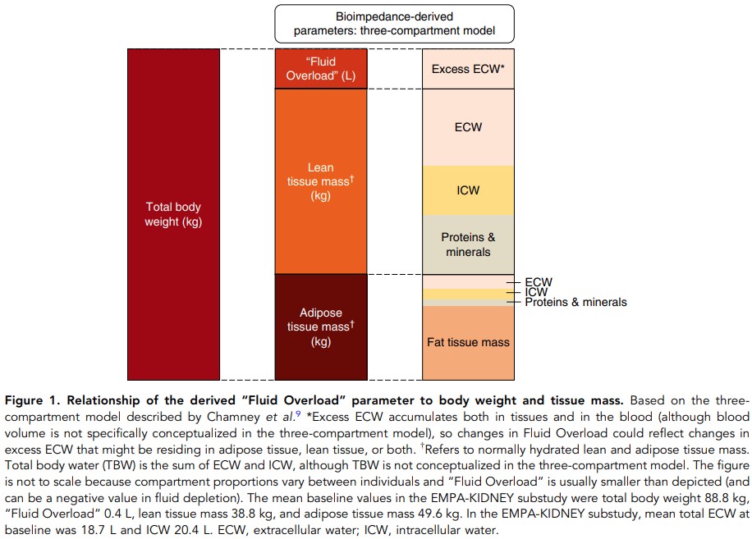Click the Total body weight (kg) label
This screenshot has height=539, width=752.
click(173, 215)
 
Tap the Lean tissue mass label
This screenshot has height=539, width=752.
click(320, 181)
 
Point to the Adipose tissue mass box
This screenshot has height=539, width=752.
click(320, 327)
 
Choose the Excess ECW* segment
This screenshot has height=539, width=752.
click(468, 69)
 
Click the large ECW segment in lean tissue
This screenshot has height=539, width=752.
click(468, 127)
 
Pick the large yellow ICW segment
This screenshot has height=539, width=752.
click(468, 190)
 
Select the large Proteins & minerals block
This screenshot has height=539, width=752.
click(468, 244)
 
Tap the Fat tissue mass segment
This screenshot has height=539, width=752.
click(468, 342)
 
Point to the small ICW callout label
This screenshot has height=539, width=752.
click(536, 292)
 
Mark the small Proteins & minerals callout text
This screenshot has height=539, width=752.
click(575, 302)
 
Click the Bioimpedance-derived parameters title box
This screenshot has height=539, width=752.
click(394, 25)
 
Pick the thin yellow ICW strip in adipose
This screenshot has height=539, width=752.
click(468, 294)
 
